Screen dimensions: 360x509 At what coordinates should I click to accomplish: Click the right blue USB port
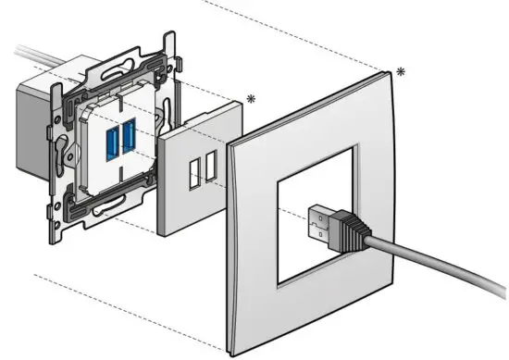pyautogui.click(x=128, y=137)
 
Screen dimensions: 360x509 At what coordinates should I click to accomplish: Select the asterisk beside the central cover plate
pyautogui.click(x=251, y=98)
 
